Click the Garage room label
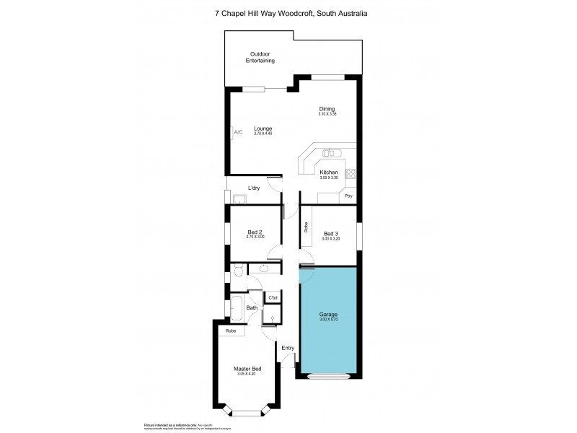click(x=328, y=315)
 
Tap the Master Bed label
click(x=247, y=368)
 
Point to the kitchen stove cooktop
click(x=352, y=172)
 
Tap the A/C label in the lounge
click(x=238, y=132)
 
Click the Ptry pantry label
click(x=348, y=196)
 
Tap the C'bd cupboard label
click(x=273, y=298)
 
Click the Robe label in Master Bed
click(x=231, y=331)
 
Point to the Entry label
click(x=288, y=348)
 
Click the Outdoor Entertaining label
click(x=262, y=58)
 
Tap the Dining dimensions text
click(x=328, y=114)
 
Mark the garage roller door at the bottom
click(x=328, y=376)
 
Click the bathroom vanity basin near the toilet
click(x=264, y=269)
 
